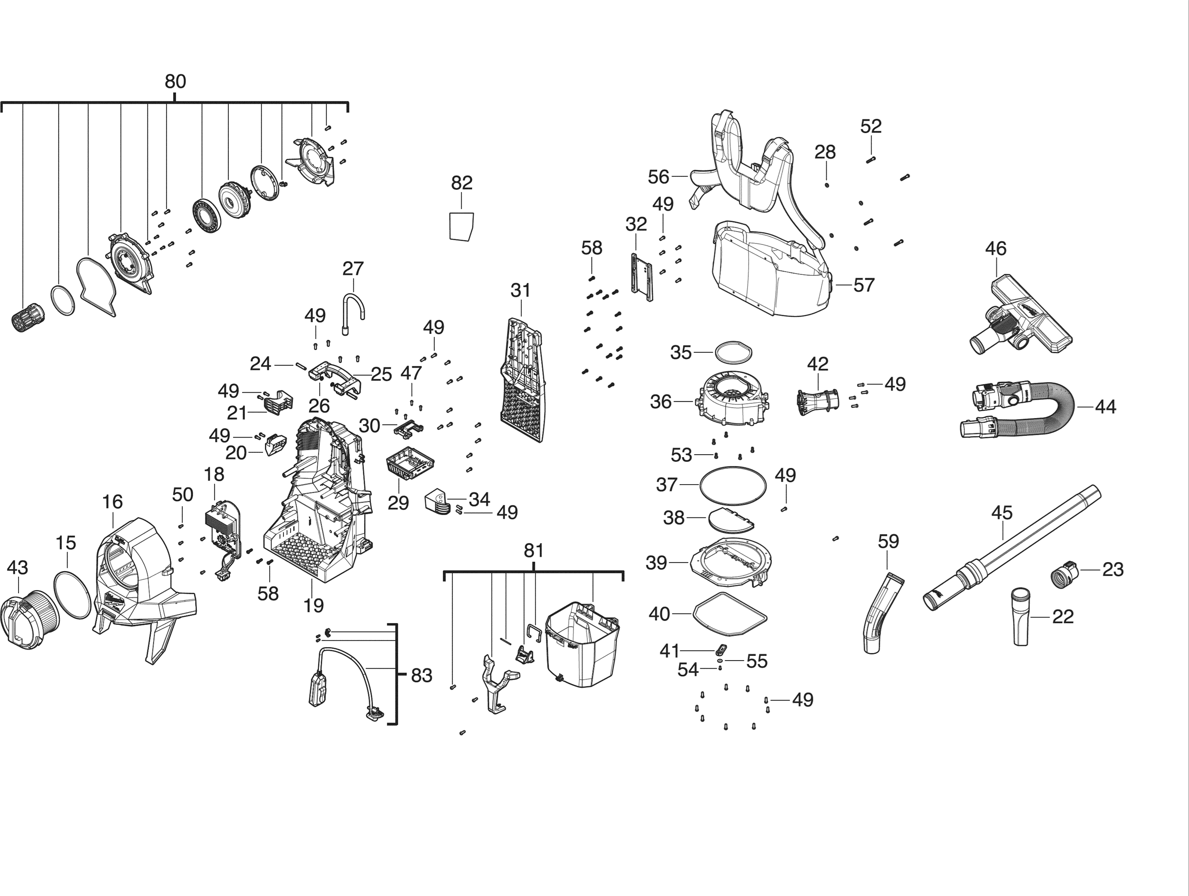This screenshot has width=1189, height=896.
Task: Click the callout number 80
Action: point(175,82)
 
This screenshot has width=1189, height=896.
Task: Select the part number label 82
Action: point(462,183)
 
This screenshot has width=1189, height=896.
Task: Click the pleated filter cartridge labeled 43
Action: point(29,615)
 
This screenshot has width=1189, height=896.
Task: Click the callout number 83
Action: point(421,676)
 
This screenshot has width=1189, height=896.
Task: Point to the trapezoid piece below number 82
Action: point(462,226)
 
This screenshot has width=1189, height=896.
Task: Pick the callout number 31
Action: point(520,291)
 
